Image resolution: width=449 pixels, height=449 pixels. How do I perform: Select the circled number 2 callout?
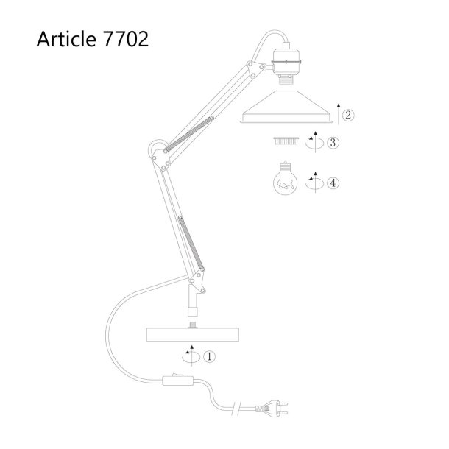(348, 115)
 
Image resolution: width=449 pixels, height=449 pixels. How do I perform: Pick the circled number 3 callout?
(333, 142)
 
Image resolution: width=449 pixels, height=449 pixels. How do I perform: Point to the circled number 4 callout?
(333, 183)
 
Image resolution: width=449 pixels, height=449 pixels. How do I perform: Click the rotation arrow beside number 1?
(191, 357)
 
